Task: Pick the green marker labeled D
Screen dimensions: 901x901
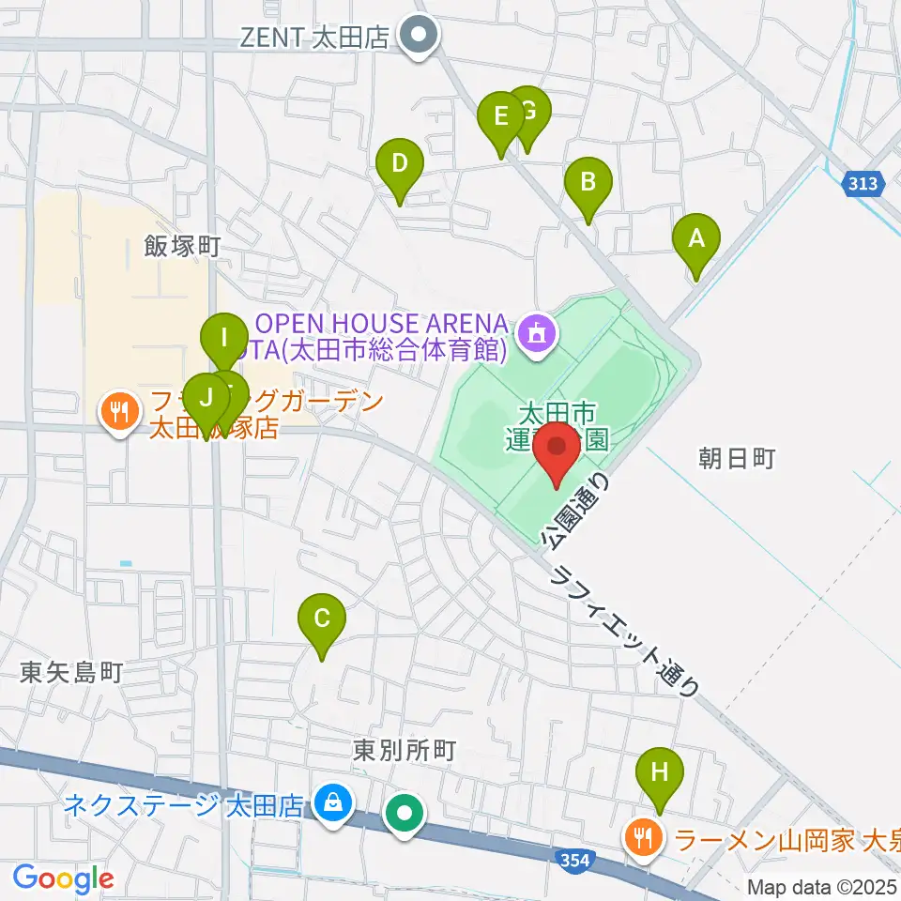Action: click(x=399, y=165)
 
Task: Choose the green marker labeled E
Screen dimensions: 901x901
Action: click(x=500, y=118)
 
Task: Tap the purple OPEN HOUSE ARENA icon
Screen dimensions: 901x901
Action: click(x=537, y=332)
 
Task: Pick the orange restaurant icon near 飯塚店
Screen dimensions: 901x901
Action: click(x=118, y=410)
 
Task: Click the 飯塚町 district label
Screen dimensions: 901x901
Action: click(x=182, y=247)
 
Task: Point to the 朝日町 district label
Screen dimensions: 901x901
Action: click(x=737, y=458)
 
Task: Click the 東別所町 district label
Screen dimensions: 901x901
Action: click(x=405, y=750)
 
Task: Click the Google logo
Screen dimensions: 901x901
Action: click(x=64, y=878)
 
